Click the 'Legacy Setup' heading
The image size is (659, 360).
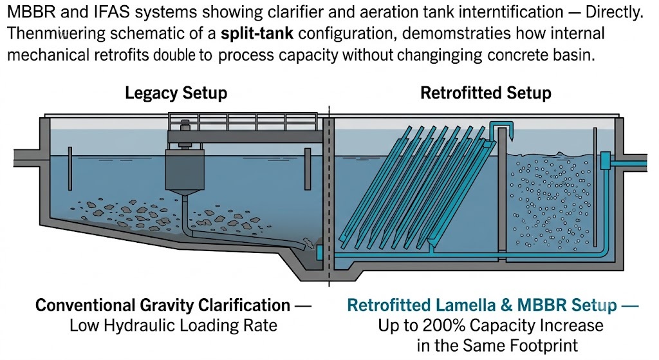point(176,93)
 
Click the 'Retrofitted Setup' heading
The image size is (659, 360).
point(486,93)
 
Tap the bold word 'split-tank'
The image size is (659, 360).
point(257,33)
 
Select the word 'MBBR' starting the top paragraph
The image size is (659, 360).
point(32,12)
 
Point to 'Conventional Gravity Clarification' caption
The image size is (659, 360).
point(163,305)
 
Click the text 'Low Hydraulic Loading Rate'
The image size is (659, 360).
point(173,325)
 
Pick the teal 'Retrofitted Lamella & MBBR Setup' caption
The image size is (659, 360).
point(481,305)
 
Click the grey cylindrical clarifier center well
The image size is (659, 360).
point(185,169)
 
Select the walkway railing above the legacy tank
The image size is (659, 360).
point(243,122)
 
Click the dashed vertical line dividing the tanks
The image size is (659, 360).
point(329,196)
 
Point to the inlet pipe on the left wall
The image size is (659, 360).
point(27,158)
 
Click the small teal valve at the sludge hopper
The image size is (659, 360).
point(319,252)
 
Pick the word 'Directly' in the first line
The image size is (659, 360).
point(614,13)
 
